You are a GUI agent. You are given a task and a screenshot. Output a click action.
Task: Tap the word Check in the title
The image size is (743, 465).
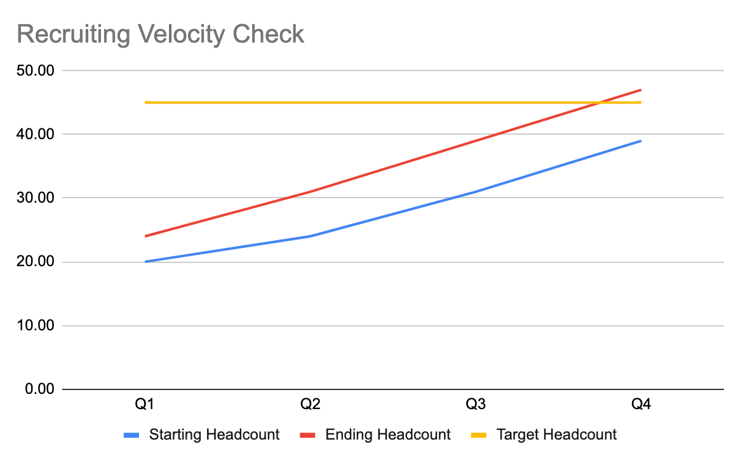click(269, 34)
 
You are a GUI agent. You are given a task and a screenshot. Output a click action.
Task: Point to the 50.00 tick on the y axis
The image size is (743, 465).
click(36, 71)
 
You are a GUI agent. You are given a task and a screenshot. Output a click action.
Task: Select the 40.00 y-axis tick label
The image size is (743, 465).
click(36, 134)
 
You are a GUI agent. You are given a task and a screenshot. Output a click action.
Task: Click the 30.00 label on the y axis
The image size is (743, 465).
click(36, 198)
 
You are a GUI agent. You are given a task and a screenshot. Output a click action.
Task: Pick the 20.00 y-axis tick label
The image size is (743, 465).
click(36, 262)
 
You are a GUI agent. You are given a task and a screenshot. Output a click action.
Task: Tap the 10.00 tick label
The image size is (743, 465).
click(36, 325)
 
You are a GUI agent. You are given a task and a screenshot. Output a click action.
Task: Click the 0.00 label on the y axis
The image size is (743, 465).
click(39, 389)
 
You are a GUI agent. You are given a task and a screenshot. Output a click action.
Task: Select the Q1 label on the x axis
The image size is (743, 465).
click(145, 405)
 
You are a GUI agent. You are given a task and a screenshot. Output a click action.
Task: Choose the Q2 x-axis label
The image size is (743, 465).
click(311, 405)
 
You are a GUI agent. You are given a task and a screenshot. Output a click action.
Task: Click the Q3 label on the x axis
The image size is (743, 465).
click(476, 405)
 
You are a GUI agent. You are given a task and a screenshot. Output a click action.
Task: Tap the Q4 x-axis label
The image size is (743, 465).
click(641, 405)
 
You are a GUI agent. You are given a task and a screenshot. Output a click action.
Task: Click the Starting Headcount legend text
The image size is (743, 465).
click(214, 435)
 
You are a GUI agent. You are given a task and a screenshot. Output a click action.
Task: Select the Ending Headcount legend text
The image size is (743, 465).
click(387, 435)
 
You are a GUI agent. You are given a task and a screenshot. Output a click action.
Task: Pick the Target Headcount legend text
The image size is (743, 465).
click(556, 435)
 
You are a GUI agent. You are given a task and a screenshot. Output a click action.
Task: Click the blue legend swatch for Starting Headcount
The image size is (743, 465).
click(131, 436)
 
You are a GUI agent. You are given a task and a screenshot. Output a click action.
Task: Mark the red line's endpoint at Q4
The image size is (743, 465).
click(641, 90)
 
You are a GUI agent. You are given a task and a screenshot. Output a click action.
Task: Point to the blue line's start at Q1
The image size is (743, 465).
click(145, 262)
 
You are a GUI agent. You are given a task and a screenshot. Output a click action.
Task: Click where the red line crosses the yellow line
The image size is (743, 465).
click(600, 102)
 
